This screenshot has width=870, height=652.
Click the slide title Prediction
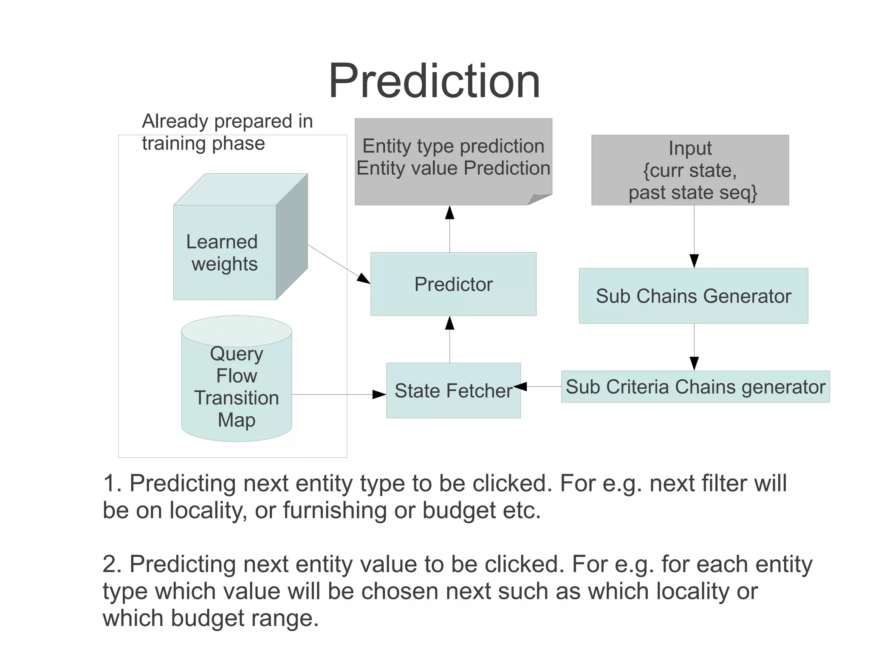[x=434, y=81]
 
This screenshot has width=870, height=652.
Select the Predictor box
[x=453, y=284]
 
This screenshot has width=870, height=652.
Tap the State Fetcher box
[x=453, y=390]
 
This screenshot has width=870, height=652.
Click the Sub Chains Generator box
[x=693, y=296]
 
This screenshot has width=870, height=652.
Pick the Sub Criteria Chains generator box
[x=695, y=387]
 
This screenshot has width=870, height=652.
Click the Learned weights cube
[x=225, y=252]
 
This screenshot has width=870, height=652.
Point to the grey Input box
[x=690, y=170]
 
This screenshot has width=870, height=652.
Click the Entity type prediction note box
[x=453, y=157]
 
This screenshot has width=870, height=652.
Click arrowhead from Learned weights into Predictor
[x=364, y=279]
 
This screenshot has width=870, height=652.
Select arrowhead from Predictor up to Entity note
[x=449, y=212]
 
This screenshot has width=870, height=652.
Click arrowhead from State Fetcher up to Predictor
[x=449, y=323]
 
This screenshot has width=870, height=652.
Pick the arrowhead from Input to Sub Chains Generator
[x=694, y=260]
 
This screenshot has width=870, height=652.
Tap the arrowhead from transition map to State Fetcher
[x=379, y=395]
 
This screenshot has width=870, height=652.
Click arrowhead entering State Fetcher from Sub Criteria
[x=521, y=387]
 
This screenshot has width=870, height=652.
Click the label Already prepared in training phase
[x=227, y=132]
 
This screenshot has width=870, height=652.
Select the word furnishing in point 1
[x=335, y=510]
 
